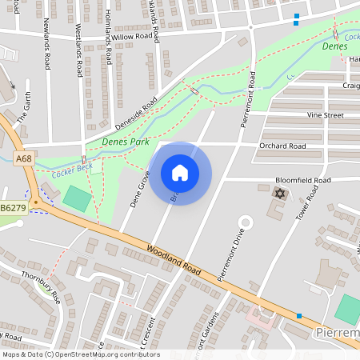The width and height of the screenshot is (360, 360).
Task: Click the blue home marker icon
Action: point(180,173)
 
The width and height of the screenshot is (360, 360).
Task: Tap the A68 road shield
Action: point(24,160)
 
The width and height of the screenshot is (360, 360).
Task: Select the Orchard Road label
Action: point(282,146)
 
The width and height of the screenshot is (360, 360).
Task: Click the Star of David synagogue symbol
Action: point(279,194)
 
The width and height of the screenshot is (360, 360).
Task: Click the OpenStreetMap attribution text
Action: point(80,354)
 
